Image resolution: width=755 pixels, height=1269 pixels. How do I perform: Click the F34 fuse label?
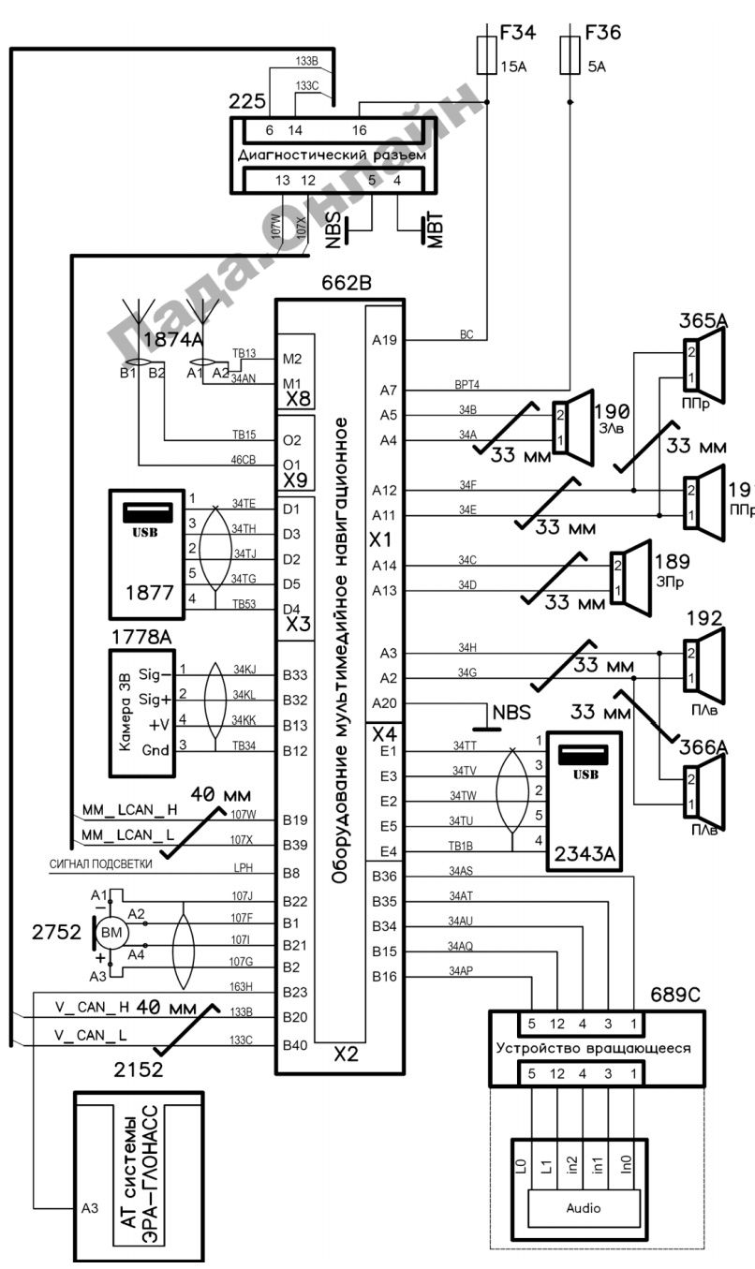(x=518, y=34)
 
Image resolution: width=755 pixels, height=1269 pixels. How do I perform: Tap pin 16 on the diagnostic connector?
(x=360, y=130)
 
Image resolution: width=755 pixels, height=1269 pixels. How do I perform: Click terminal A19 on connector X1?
(x=384, y=340)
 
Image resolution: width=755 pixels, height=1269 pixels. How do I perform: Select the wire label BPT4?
(x=467, y=384)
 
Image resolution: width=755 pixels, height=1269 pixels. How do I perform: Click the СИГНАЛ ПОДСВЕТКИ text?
(x=100, y=863)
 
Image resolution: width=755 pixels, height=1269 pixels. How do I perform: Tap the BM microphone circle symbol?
(x=112, y=933)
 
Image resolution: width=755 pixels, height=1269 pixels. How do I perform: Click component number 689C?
(x=674, y=993)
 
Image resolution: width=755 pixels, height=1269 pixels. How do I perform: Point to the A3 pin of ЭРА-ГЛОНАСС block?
(x=89, y=1208)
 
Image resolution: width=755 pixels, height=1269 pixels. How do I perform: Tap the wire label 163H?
(x=242, y=986)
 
